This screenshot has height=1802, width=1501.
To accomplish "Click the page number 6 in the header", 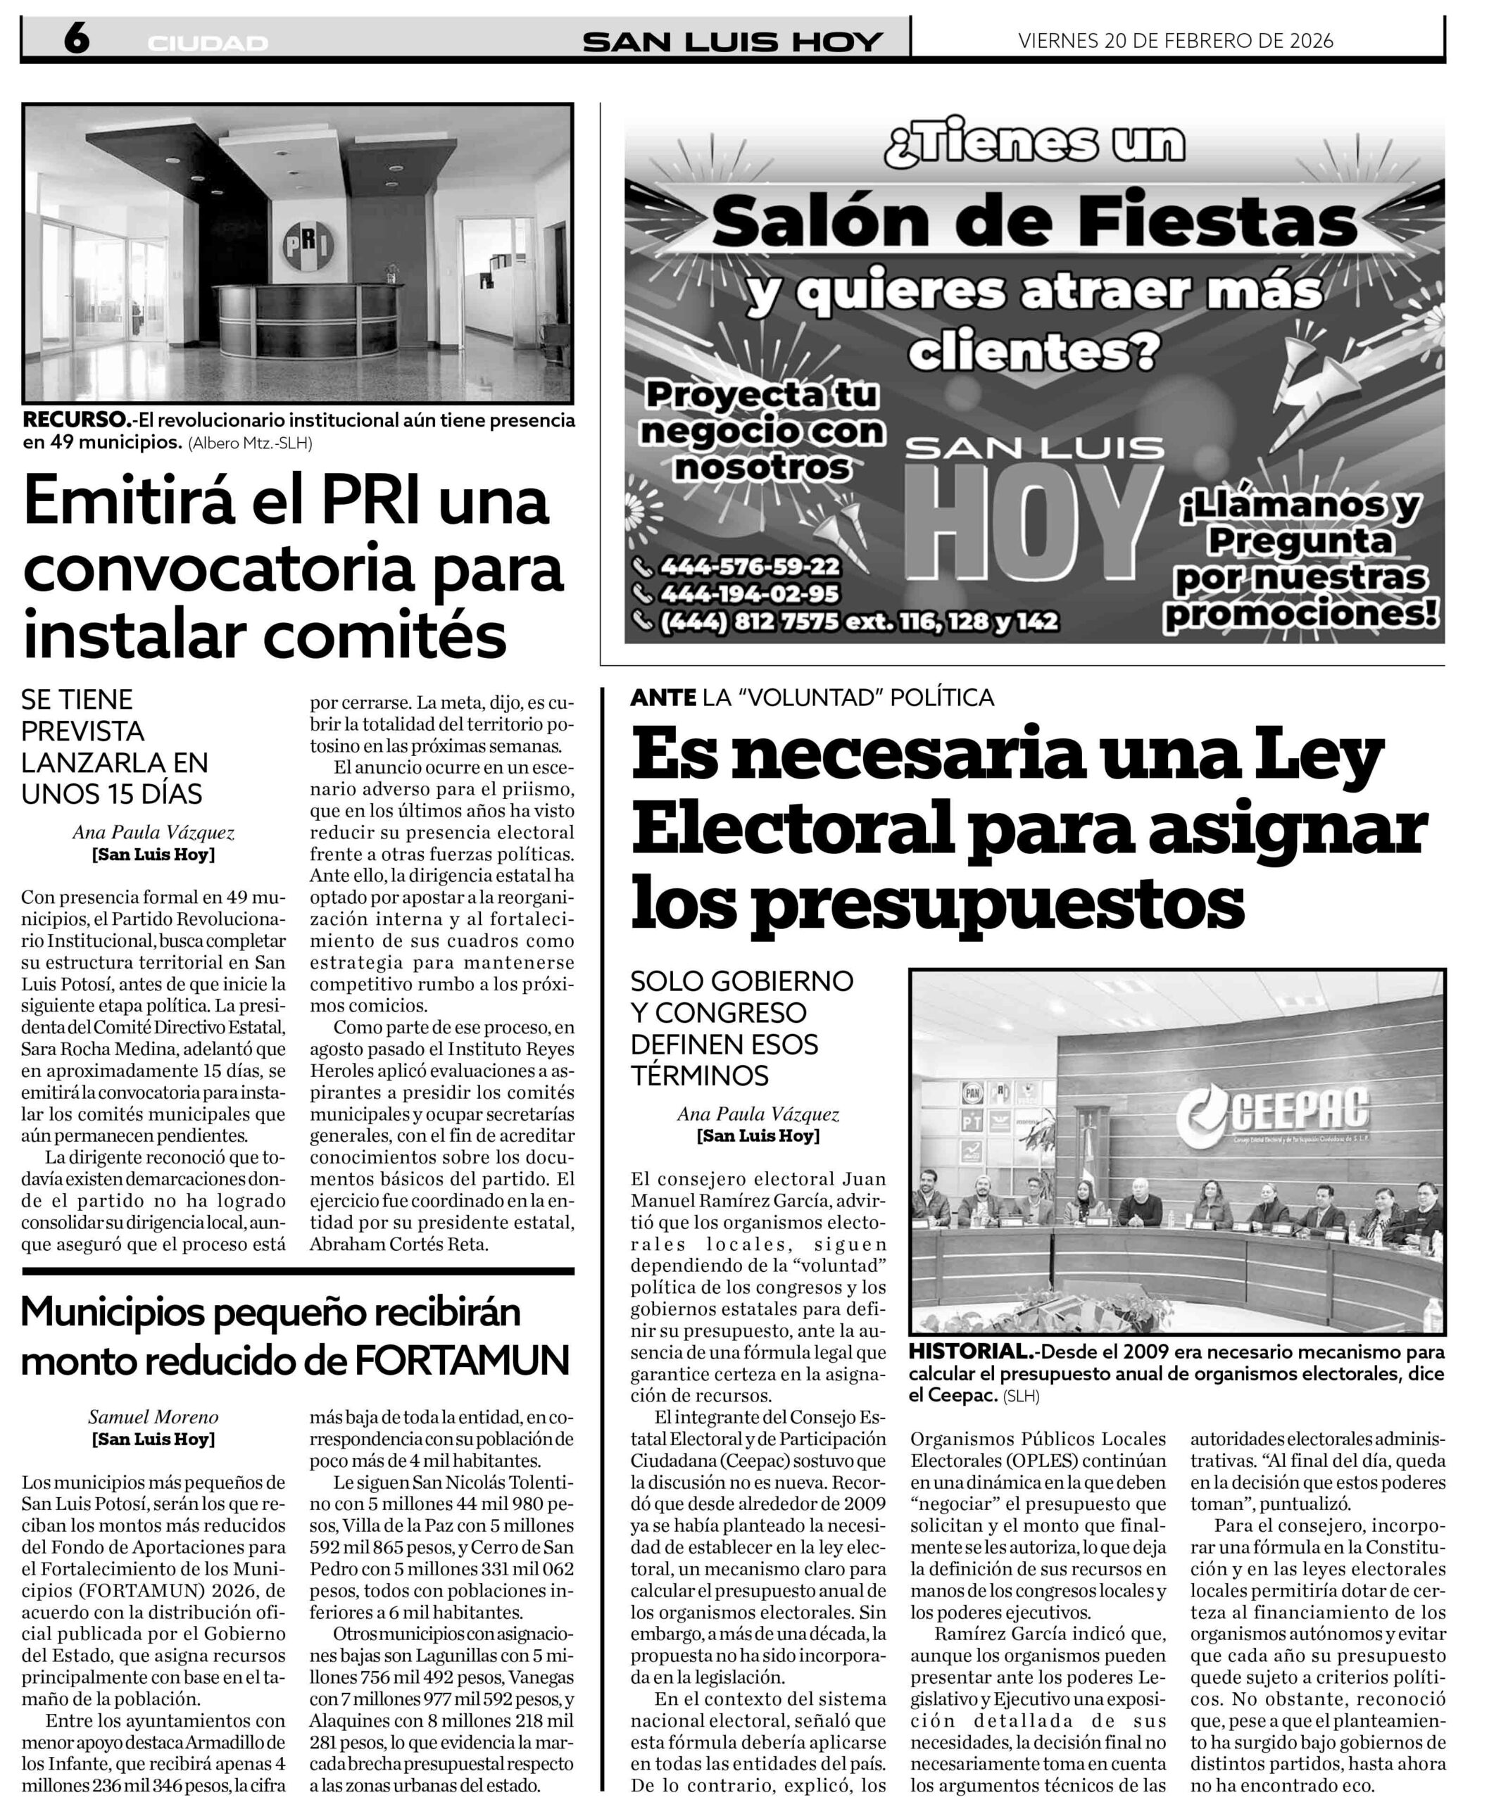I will click(75, 39).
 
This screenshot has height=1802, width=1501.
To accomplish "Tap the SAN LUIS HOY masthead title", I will click(732, 42).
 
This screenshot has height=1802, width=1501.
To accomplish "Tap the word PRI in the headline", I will click(359, 503).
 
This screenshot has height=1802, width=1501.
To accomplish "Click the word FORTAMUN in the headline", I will click(462, 1360).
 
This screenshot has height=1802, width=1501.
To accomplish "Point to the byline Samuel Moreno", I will click(153, 1417).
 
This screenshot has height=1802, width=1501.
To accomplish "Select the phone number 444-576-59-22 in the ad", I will click(749, 567).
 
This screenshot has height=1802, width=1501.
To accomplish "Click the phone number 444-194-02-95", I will click(749, 594).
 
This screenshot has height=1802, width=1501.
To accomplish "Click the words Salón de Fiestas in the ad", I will click(1034, 223).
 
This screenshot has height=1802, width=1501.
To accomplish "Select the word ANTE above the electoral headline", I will click(662, 698).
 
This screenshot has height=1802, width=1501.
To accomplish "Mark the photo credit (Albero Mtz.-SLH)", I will click(251, 443).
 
